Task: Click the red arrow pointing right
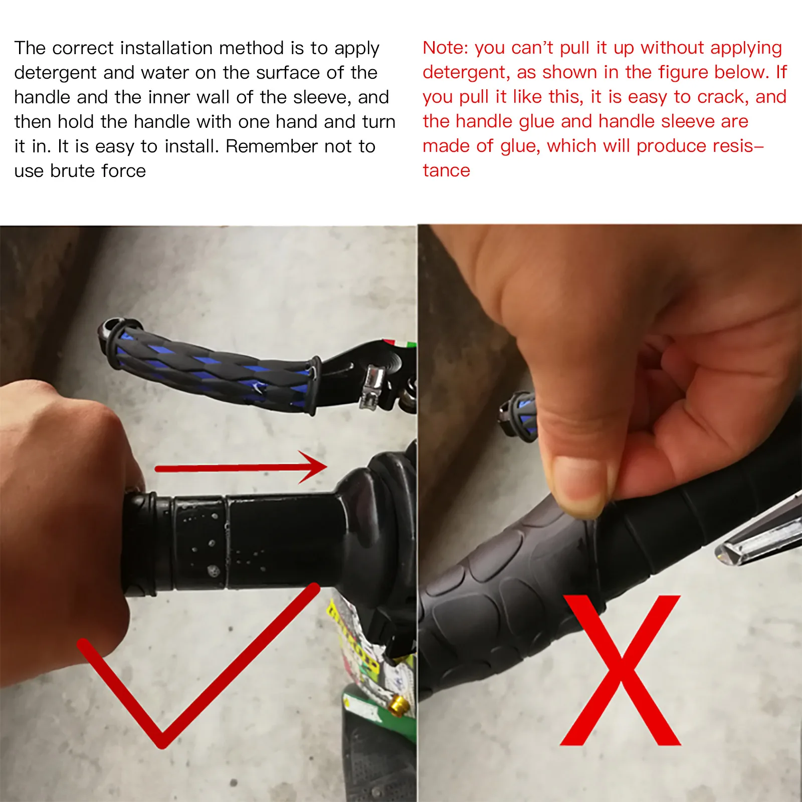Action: pos(241,467)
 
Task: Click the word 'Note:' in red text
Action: pos(445,48)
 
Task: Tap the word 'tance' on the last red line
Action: pos(446,170)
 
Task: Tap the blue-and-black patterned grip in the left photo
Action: pos(211,366)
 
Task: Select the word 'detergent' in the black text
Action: pos(56,73)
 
